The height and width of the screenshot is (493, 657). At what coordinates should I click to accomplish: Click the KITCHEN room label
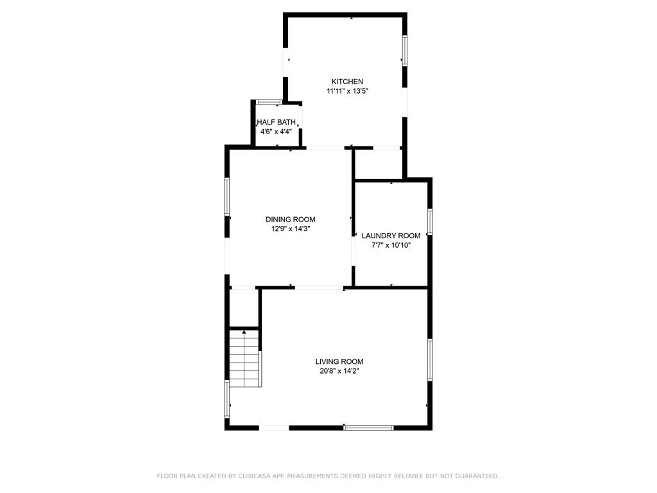point(347,82)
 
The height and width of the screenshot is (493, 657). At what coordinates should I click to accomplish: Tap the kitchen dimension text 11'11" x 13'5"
point(347,91)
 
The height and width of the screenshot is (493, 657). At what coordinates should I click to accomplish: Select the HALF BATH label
point(276,122)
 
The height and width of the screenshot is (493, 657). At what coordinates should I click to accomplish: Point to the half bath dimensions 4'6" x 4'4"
point(276,132)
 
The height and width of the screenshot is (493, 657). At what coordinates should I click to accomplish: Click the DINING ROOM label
point(291,220)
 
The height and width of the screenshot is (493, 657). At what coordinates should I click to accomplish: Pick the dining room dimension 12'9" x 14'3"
point(291,229)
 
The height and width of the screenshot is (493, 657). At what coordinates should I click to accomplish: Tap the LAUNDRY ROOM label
point(391,236)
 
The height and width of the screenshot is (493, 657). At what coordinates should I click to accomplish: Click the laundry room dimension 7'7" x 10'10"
point(391,245)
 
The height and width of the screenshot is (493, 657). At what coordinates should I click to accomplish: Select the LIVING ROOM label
point(339,361)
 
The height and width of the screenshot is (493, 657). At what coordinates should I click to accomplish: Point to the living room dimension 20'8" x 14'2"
point(339,371)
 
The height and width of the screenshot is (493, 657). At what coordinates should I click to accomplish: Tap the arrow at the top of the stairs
point(244,333)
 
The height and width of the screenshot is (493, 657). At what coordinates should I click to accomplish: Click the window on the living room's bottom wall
point(368,427)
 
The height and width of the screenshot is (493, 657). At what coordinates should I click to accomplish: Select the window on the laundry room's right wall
point(430,221)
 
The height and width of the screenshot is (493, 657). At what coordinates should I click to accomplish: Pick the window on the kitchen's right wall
point(404,50)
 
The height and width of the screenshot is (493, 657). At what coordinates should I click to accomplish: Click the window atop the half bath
point(268,102)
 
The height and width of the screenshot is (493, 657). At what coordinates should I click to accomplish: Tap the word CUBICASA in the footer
point(249,476)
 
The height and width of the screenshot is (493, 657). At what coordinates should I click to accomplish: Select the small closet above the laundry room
point(379,164)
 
